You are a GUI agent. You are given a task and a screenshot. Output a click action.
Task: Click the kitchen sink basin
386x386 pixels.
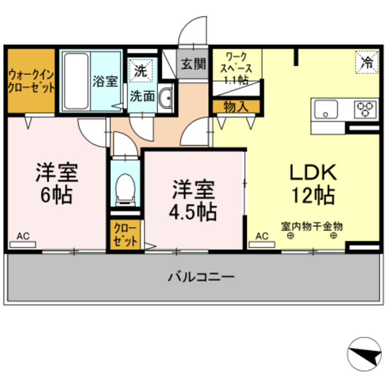[326, 109]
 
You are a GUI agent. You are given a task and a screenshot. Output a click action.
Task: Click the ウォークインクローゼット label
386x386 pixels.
[31, 81]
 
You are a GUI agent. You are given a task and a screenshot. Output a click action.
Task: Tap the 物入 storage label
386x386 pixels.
[236, 106]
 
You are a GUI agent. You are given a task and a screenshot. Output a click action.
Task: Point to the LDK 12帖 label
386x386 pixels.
[313, 184]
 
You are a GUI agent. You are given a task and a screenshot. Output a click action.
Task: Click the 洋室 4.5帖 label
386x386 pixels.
[192, 199]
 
